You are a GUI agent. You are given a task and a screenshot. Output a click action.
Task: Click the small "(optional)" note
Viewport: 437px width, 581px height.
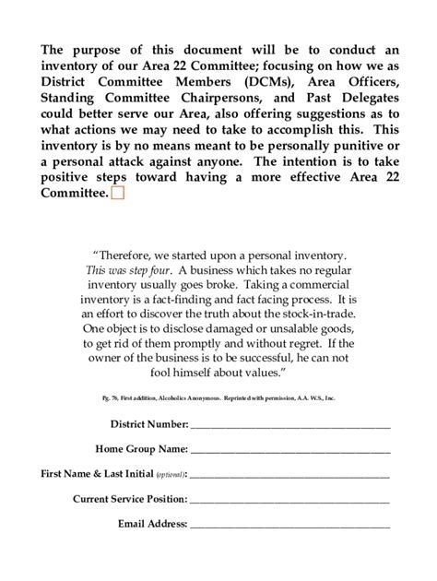point(169,475)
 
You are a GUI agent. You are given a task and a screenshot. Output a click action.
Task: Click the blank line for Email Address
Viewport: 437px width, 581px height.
point(290,525)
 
